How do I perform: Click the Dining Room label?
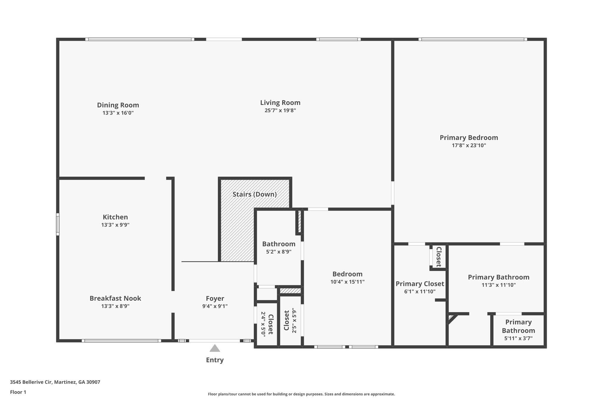(118, 105)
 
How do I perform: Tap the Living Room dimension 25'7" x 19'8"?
(280, 111)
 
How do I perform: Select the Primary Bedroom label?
(469, 138)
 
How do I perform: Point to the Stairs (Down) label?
(254, 194)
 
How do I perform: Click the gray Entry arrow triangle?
(215, 348)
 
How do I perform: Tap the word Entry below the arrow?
(215, 360)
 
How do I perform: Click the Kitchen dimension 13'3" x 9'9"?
(115, 225)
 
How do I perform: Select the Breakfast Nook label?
(115, 298)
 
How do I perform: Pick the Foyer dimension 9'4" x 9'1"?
(215, 306)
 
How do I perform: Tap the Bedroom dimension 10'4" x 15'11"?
(347, 282)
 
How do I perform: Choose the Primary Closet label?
(420, 284)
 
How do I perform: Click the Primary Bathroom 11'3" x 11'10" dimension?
(498, 285)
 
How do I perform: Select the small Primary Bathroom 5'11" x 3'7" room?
(518, 330)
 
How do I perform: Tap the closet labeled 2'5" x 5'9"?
(290, 320)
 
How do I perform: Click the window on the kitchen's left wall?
(58, 224)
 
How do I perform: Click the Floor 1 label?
(18, 392)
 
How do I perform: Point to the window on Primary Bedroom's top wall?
(473, 39)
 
